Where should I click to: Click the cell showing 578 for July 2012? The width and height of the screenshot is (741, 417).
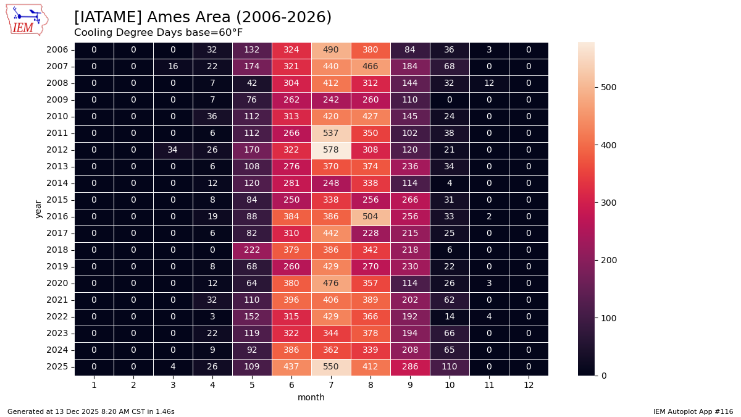(x=331, y=150)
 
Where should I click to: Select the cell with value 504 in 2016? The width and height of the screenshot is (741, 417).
(x=371, y=217)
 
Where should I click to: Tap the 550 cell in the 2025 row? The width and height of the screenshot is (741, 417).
(x=331, y=367)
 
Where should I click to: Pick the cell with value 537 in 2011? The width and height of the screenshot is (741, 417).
(x=331, y=133)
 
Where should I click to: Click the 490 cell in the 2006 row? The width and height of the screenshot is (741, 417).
(x=331, y=50)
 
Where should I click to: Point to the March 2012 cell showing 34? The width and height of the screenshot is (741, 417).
(x=173, y=150)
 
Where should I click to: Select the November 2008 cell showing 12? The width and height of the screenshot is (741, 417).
(x=489, y=83)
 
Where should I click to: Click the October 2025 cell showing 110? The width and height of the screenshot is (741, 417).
(x=450, y=367)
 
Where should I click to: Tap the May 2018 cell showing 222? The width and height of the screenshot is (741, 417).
(x=252, y=250)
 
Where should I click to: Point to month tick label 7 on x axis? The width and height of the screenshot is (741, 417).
(x=331, y=385)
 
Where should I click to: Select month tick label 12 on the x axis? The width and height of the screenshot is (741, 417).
(x=529, y=385)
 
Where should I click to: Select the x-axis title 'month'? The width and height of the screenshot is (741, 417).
(x=311, y=398)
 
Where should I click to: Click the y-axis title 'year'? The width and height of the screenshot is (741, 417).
(x=38, y=209)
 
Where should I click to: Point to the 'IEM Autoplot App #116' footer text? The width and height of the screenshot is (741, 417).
(x=693, y=411)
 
